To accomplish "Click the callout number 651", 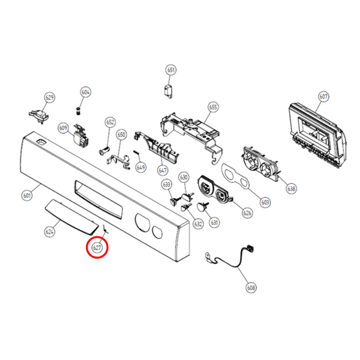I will (x=171, y=70).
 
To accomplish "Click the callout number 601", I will (x=28, y=196).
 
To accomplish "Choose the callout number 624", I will (x=49, y=232).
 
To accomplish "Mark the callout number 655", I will (x=213, y=107).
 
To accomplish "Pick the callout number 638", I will (x=291, y=188).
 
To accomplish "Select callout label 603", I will (x=265, y=202).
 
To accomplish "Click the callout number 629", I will (x=49, y=98).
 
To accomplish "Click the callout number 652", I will (x=110, y=122).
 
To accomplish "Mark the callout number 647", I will (x=163, y=170).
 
